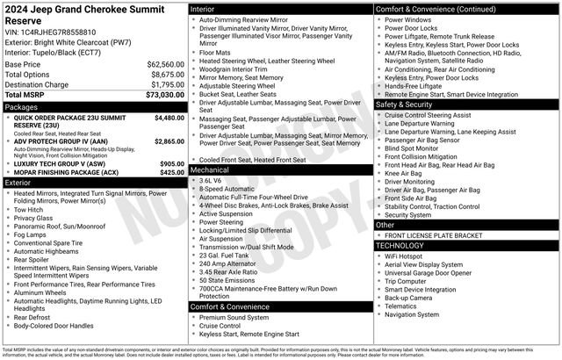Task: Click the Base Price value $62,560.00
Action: (x=165, y=64)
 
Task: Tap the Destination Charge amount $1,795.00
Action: (x=167, y=84)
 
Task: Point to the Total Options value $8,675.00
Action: (x=167, y=75)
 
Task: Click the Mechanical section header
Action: (x=210, y=169)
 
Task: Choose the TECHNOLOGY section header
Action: (x=405, y=245)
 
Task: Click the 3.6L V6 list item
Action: (x=211, y=179)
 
